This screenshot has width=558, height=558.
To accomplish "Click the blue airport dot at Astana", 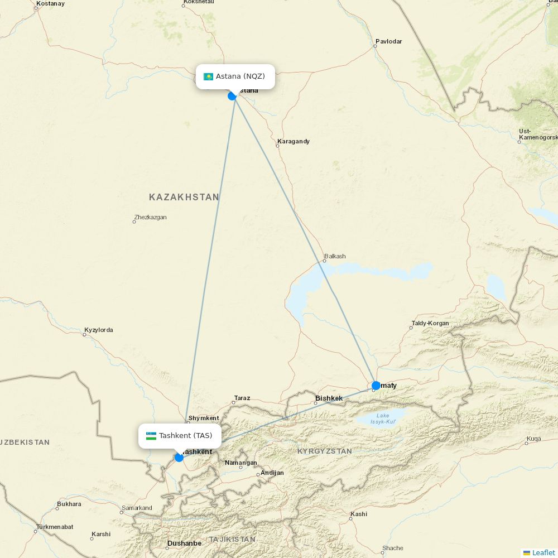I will coord(232,96).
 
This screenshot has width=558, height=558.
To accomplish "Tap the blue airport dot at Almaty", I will coord(376,386).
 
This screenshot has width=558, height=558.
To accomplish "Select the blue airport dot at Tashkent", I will coord(179,458).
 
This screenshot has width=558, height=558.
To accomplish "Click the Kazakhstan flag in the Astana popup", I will coord(209,76).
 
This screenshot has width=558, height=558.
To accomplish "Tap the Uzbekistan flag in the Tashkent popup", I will coord(151,436).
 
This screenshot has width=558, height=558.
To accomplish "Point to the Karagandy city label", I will coord(294,142).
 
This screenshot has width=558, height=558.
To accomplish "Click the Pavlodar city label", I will coord(388,41).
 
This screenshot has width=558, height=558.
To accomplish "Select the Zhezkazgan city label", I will coord(150,218).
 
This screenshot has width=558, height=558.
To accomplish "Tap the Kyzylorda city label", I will coord(99,330).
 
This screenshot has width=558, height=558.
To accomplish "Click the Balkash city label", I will coord(335,257).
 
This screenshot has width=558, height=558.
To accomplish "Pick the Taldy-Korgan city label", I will coord(430,323).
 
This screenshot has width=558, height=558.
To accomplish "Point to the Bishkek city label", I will coord(329,398).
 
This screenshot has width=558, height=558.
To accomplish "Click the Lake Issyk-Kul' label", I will coord(383,419).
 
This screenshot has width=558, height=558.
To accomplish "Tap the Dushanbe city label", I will coord(184,543).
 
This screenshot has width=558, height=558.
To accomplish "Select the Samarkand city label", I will coord(137,508).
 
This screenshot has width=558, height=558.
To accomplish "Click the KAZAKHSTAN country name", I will coord(184,197).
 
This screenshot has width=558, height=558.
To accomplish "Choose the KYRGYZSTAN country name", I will coord(324,451).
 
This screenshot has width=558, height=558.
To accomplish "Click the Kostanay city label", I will coord(50,3).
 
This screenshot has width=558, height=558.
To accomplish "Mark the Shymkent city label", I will coord(204,418).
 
